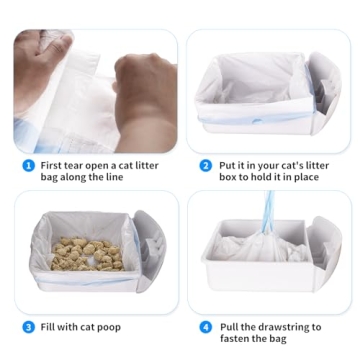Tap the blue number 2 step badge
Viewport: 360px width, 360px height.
coord(206,166)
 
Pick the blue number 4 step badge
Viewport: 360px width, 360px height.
coord(206,327)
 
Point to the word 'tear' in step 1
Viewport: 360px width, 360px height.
coord(83,166)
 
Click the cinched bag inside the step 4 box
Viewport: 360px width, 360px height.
coord(265,255)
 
